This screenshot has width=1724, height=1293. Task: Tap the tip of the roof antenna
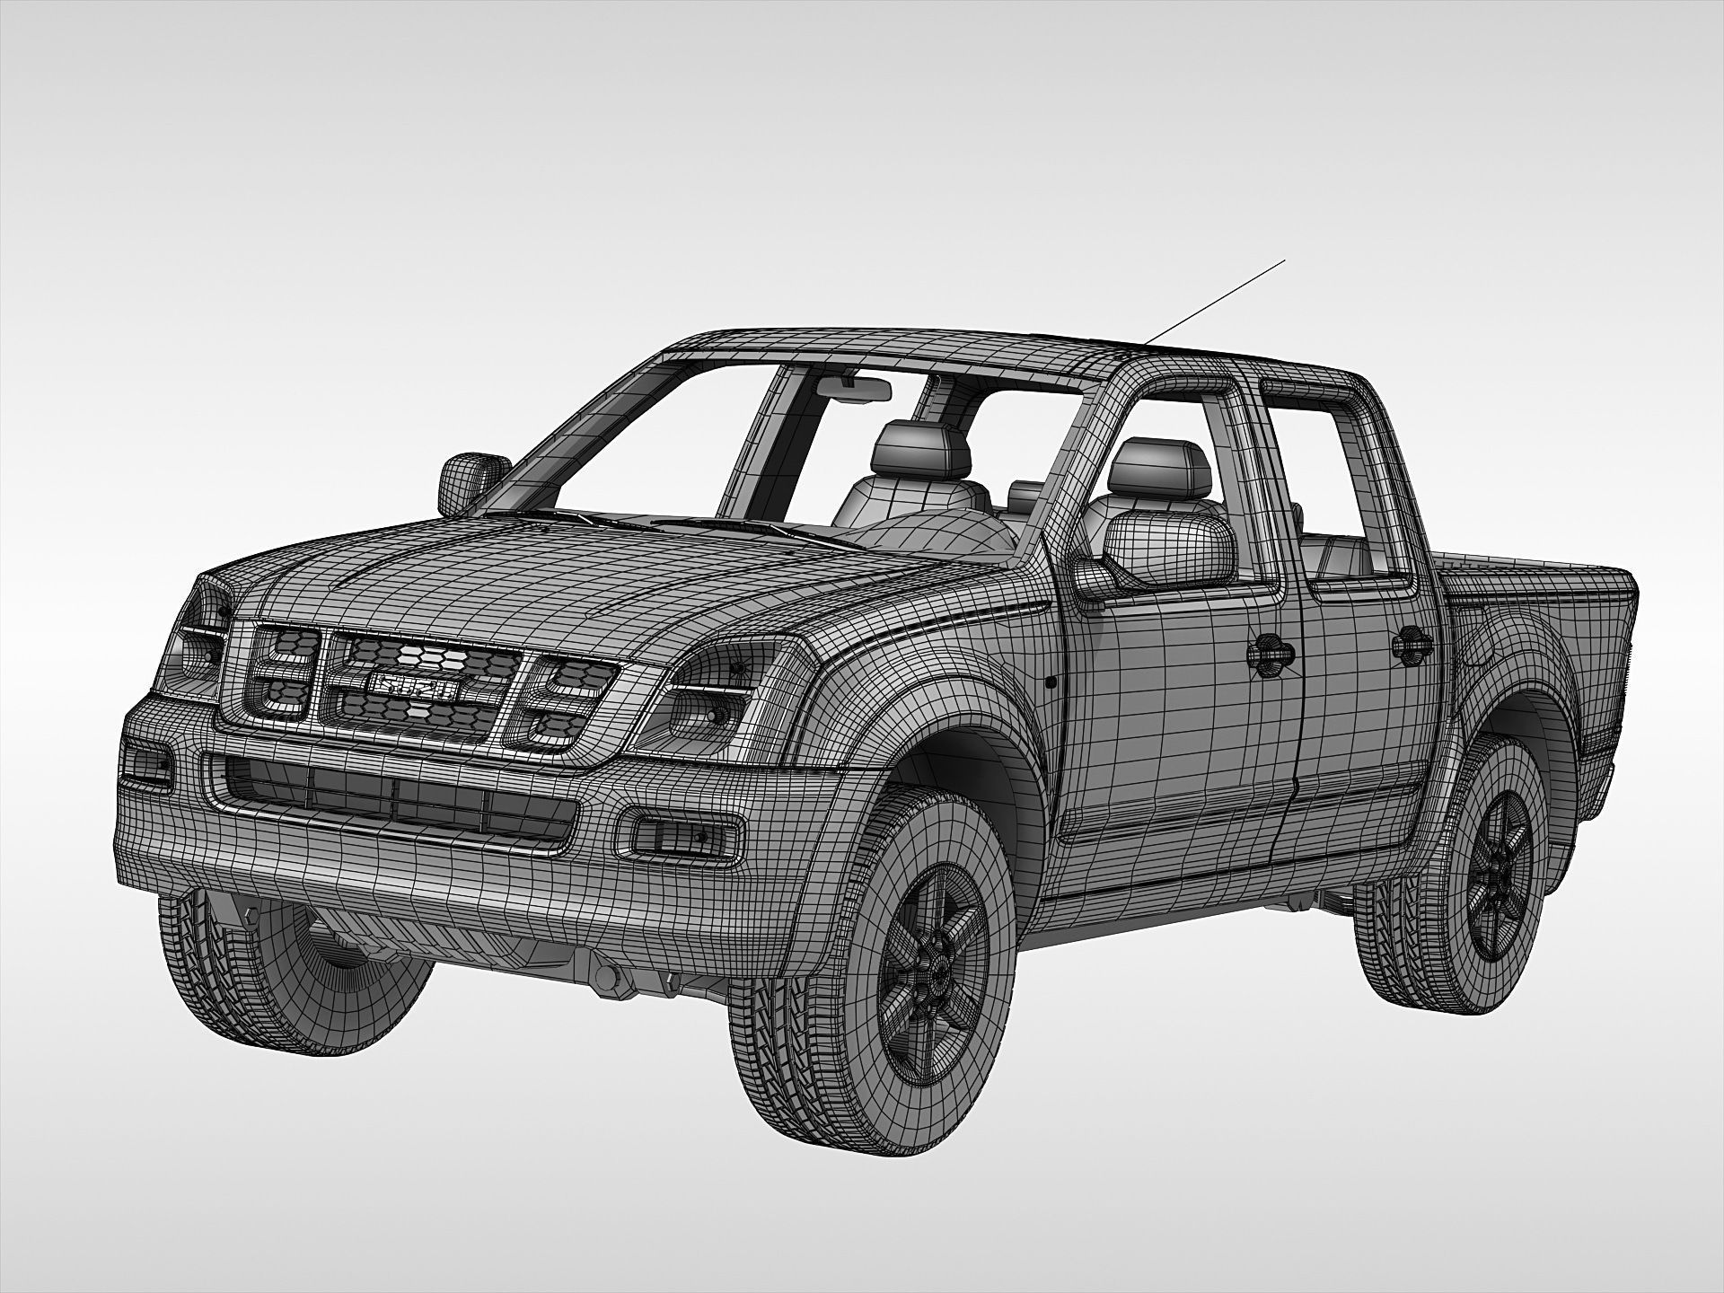[x=1285, y=259]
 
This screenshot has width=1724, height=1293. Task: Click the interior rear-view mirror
[x=854, y=388]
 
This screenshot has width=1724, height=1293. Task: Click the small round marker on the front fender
[x=1051, y=682]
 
